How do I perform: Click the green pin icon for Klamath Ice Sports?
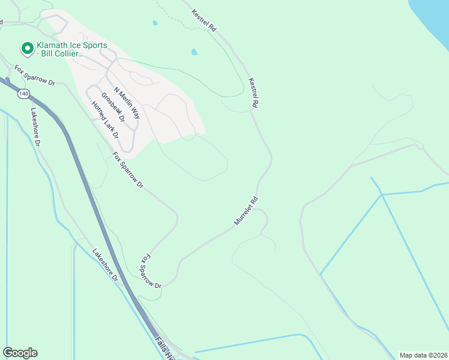pyautogui.click(x=26, y=47)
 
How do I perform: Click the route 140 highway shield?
pyautogui.click(x=23, y=94)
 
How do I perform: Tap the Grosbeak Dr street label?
pyautogui.click(x=113, y=107)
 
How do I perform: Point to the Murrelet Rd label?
pyautogui.click(x=246, y=211)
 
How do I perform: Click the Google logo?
pyautogui.click(x=20, y=353)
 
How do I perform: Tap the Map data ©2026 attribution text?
pyautogui.click(x=423, y=355)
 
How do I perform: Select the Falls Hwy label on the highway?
pyautogui.click(x=164, y=348)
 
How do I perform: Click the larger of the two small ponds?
pyautogui.click(x=194, y=52)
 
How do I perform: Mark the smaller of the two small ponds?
pyautogui.click(x=155, y=23)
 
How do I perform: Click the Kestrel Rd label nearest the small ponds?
pyautogui.click(x=204, y=19)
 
